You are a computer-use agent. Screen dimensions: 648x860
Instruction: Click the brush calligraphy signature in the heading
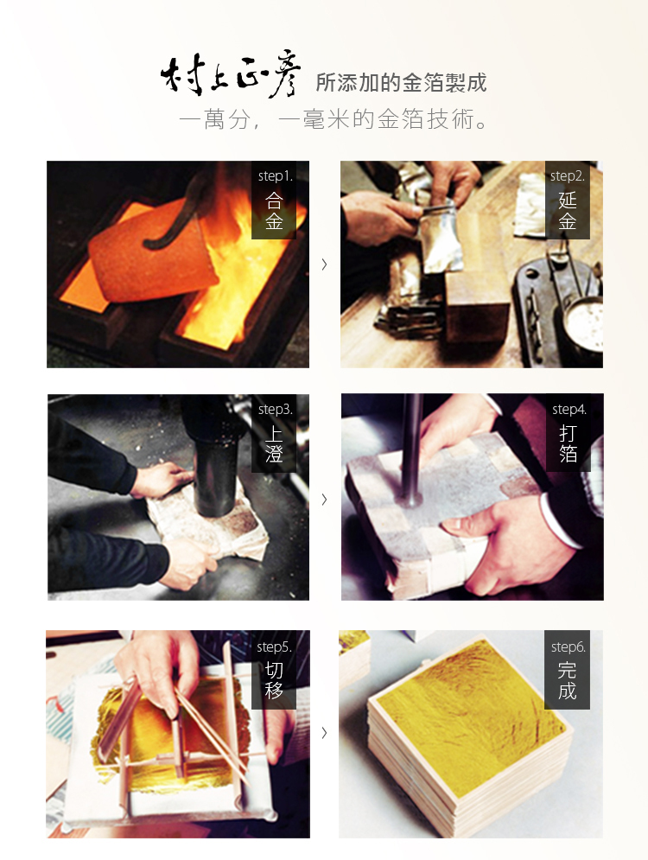[230, 75]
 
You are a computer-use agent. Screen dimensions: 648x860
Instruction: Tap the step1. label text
[276, 176]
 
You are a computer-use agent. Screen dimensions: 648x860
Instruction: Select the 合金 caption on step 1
[274, 211]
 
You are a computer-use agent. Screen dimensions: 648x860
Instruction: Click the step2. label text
[568, 176]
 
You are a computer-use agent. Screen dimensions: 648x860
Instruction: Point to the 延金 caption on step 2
[568, 211]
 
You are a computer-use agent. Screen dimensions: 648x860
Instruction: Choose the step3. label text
[276, 409]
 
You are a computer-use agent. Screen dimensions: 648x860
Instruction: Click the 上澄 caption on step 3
[274, 443]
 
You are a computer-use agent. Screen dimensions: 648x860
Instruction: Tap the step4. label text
[569, 409]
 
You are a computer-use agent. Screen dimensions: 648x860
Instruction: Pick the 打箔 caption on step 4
[568, 443]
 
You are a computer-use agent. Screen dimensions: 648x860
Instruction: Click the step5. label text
[274, 647]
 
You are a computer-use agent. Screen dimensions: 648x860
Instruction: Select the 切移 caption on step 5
[274, 680]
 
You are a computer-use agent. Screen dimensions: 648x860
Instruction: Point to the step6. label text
[568, 647]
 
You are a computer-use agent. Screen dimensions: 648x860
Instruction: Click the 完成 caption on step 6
[568, 680]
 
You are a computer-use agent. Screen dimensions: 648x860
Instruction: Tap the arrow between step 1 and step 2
[325, 264]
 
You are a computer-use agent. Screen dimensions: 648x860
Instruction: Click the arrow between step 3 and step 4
[325, 499]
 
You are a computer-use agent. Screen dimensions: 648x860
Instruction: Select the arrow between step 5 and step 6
[325, 732]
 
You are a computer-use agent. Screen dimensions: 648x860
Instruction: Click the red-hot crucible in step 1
[154, 253]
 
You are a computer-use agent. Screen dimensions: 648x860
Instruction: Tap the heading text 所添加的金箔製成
[401, 83]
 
